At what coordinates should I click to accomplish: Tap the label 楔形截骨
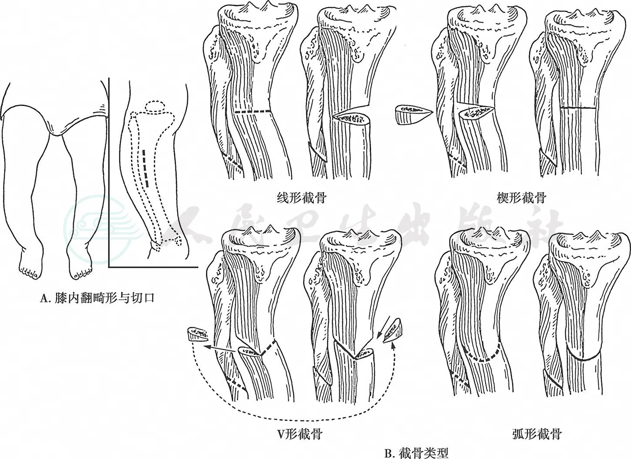521,198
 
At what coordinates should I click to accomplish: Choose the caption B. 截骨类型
416,453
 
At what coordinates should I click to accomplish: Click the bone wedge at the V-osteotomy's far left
197,334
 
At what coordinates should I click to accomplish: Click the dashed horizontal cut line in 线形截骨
252,112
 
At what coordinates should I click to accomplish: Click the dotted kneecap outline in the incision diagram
156,107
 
